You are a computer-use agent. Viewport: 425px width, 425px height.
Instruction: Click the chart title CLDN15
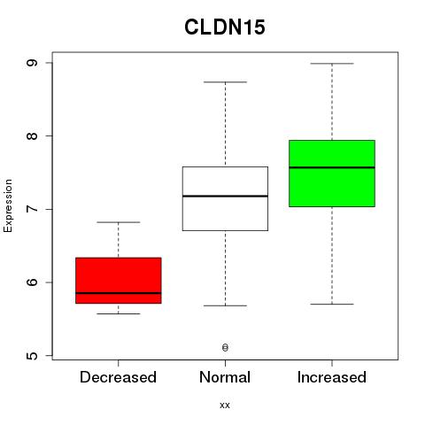[225, 27]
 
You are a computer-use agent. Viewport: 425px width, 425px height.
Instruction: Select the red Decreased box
[119, 281]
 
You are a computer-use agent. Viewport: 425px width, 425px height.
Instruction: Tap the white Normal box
[225, 198]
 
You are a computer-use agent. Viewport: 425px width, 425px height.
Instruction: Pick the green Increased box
[332, 174]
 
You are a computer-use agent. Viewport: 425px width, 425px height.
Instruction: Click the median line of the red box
[119, 293]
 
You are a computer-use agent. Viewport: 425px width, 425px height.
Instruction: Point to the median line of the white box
[225, 196]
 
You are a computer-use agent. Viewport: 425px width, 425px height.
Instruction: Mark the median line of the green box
[332, 167]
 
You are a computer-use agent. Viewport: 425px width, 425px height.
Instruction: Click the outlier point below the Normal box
[225, 347]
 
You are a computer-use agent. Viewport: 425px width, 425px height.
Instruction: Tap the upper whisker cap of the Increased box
[332, 64]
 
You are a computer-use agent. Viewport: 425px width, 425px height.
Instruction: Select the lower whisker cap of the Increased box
[332, 304]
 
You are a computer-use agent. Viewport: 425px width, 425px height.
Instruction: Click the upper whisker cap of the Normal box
[225, 82]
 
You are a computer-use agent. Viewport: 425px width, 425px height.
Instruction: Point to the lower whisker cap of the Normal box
[225, 305]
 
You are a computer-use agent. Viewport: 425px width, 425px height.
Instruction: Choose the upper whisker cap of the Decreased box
[119, 222]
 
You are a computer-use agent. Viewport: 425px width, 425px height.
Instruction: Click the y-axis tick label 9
[32, 63]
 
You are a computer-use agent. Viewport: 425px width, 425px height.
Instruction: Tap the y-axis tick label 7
[32, 209]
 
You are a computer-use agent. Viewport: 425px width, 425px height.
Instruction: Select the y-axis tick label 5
[32, 355]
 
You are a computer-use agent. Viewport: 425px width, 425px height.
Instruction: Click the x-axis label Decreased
[118, 377]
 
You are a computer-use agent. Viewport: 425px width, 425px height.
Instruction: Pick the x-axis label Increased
[332, 377]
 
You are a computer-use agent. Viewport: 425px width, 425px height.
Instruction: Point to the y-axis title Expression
[8, 205]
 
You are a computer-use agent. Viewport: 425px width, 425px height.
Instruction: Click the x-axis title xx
[225, 406]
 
